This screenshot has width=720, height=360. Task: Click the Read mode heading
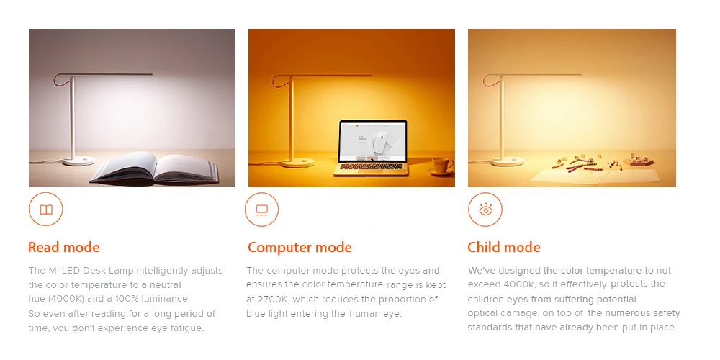[x=64, y=247]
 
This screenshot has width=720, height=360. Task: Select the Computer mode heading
[x=300, y=248]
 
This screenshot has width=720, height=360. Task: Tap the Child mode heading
[x=504, y=248]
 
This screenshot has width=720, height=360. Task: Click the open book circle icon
[x=45, y=210]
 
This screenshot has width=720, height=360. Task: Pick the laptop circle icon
[x=262, y=210]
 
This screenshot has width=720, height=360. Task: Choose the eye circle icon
[x=485, y=210]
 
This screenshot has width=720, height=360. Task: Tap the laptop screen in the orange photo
[x=373, y=140]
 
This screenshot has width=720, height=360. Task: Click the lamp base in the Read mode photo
[x=79, y=161]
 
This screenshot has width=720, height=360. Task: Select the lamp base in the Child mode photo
[x=508, y=161]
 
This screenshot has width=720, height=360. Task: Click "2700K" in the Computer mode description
[x=273, y=300]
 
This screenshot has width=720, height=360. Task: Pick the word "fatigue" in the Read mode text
[x=187, y=328]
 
